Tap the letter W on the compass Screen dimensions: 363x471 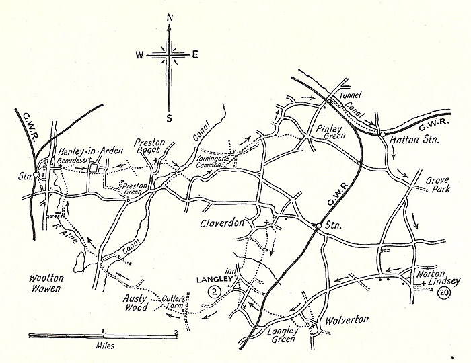(139, 56)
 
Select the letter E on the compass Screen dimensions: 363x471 (195, 56)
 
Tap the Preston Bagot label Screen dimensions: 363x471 (150, 148)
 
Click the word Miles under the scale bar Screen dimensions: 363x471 (102, 346)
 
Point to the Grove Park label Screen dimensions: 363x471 (441, 186)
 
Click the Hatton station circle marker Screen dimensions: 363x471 (382, 135)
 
